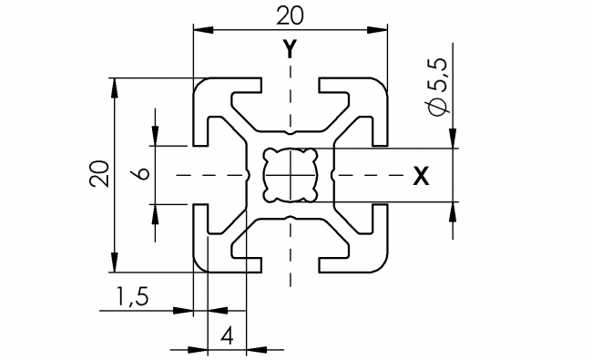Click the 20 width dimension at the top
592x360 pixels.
[x=289, y=16]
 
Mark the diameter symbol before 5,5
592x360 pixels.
[x=437, y=108]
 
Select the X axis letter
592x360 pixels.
[x=420, y=176]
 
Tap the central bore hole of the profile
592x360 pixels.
[x=290, y=174]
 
